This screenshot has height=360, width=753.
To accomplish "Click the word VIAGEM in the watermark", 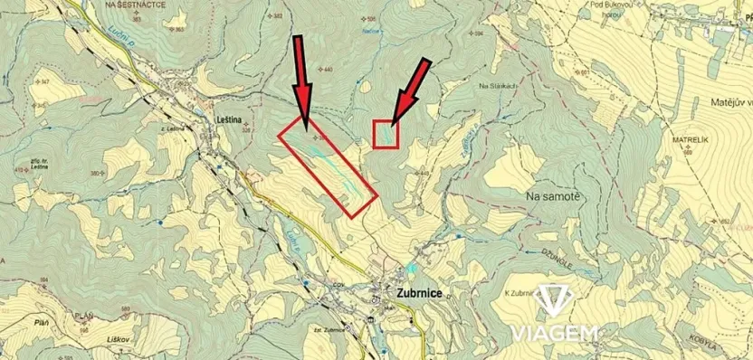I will coord(555,332).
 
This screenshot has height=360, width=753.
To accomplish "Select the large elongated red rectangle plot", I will coord(326,167).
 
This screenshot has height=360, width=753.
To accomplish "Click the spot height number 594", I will coord(479,33).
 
